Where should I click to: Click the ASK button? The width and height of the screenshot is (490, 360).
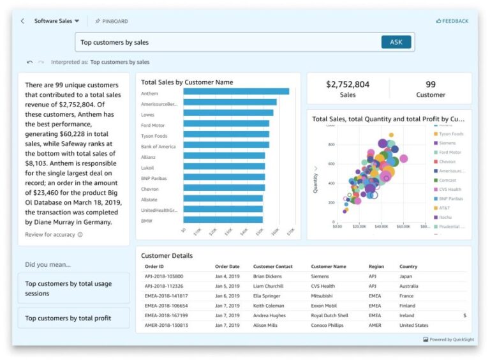(396, 42)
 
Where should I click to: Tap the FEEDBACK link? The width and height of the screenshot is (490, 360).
(452, 21)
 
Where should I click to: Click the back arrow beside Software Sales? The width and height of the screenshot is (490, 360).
(23, 21)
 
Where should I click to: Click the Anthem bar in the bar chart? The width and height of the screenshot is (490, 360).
(236, 91)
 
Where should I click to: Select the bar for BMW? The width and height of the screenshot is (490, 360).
(222, 221)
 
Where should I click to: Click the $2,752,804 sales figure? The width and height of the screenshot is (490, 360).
(348, 84)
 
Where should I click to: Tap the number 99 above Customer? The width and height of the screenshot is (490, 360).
(431, 84)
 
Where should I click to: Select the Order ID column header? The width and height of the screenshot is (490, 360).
(154, 267)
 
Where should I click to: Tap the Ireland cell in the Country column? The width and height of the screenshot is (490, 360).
(408, 315)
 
